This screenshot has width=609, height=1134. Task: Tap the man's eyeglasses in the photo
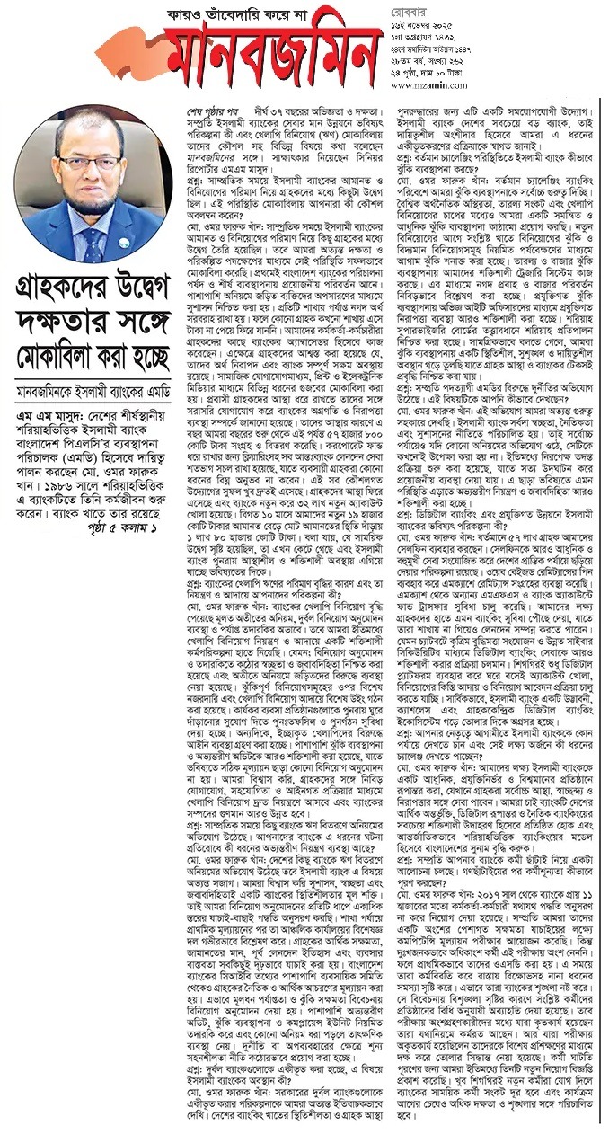pos(91,164)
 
